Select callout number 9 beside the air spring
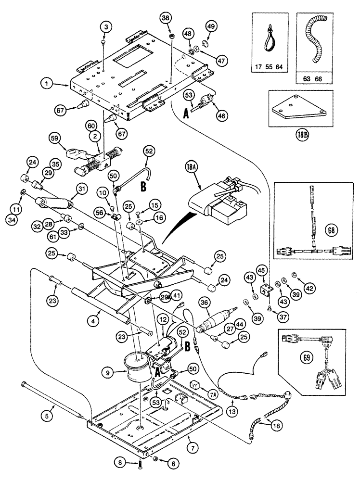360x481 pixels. (x=109, y=371)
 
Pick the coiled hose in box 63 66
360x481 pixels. (x=317, y=41)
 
